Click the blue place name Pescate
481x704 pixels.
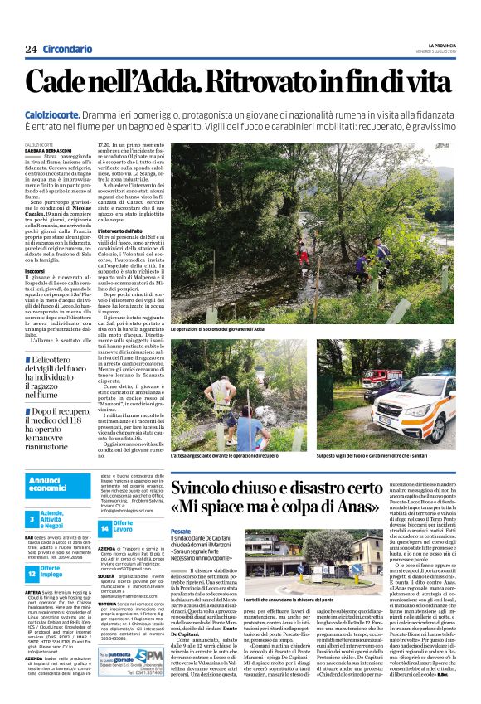(x=180, y=529)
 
